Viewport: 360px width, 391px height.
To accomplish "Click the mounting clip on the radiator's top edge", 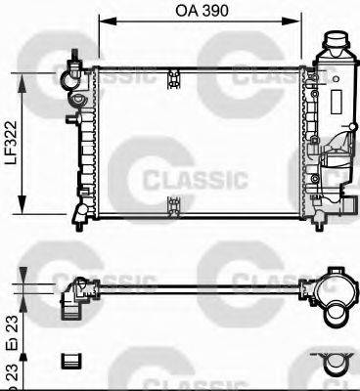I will click(173, 72).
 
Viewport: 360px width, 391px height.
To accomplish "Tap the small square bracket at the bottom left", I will click(70, 361).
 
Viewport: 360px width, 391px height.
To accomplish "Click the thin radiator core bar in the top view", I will click(196, 286).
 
